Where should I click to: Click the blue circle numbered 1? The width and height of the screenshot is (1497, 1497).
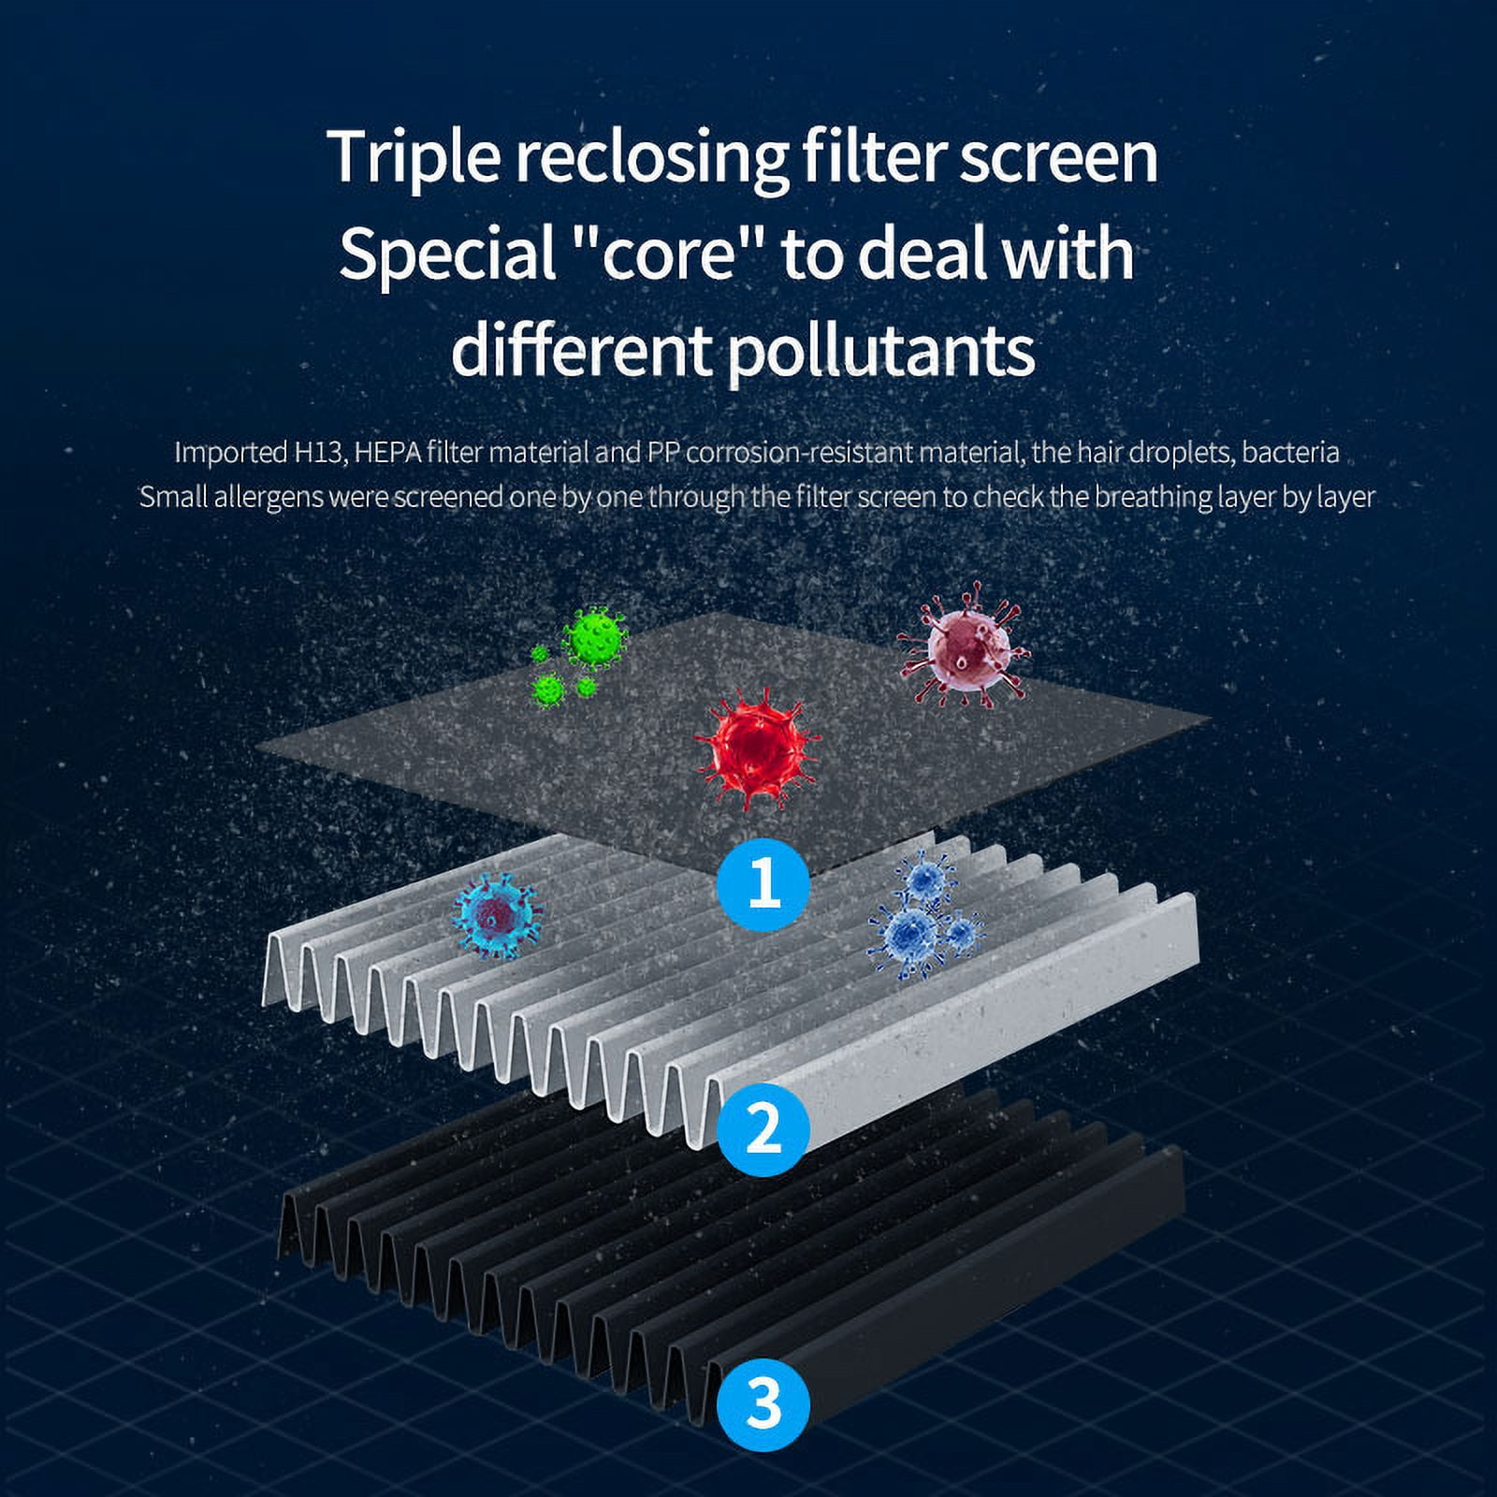[763, 881]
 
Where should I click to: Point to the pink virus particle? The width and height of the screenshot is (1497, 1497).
[963, 644]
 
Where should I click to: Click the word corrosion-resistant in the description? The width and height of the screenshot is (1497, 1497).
[800, 453]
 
